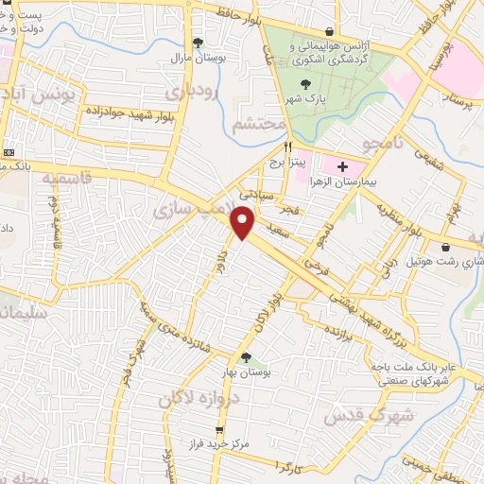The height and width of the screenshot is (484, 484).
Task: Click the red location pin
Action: pyautogui.click(x=244, y=223)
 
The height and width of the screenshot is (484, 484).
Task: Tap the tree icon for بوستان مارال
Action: pyautogui.click(x=198, y=43)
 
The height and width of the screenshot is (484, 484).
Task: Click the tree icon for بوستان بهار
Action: pyautogui.click(x=246, y=357)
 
